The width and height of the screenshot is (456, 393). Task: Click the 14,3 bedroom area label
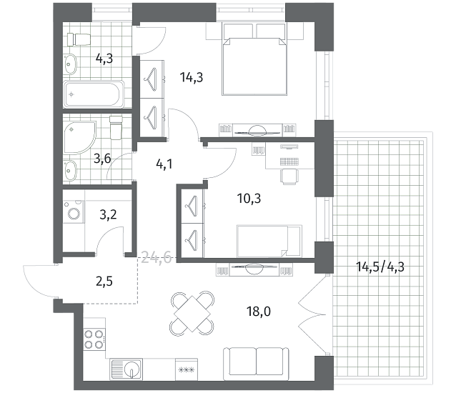point(192,78)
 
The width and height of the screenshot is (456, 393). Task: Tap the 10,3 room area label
point(249,199)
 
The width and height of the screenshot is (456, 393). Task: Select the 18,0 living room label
point(259,312)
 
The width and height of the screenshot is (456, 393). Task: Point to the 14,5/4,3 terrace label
point(380,267)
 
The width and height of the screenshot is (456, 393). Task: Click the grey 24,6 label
point(156,258)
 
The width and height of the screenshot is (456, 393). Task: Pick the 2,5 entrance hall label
point(104,282)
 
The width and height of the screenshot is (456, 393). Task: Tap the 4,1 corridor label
point(164,164)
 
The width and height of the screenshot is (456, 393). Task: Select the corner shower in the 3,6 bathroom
point(79,137)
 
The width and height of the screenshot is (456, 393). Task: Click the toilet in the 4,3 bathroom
point(79,39)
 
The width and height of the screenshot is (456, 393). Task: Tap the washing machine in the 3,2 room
point(74,212)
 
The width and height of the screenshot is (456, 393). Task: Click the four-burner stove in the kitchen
point(94,339)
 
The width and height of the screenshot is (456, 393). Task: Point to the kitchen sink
point(127,369)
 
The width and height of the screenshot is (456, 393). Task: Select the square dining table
point(192,314)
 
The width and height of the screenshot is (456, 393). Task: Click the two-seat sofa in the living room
point(256,364)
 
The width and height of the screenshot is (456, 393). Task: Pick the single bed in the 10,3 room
point(269,242)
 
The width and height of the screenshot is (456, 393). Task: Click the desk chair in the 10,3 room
point(289,177)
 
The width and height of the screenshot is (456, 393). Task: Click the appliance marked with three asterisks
point(187,369)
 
